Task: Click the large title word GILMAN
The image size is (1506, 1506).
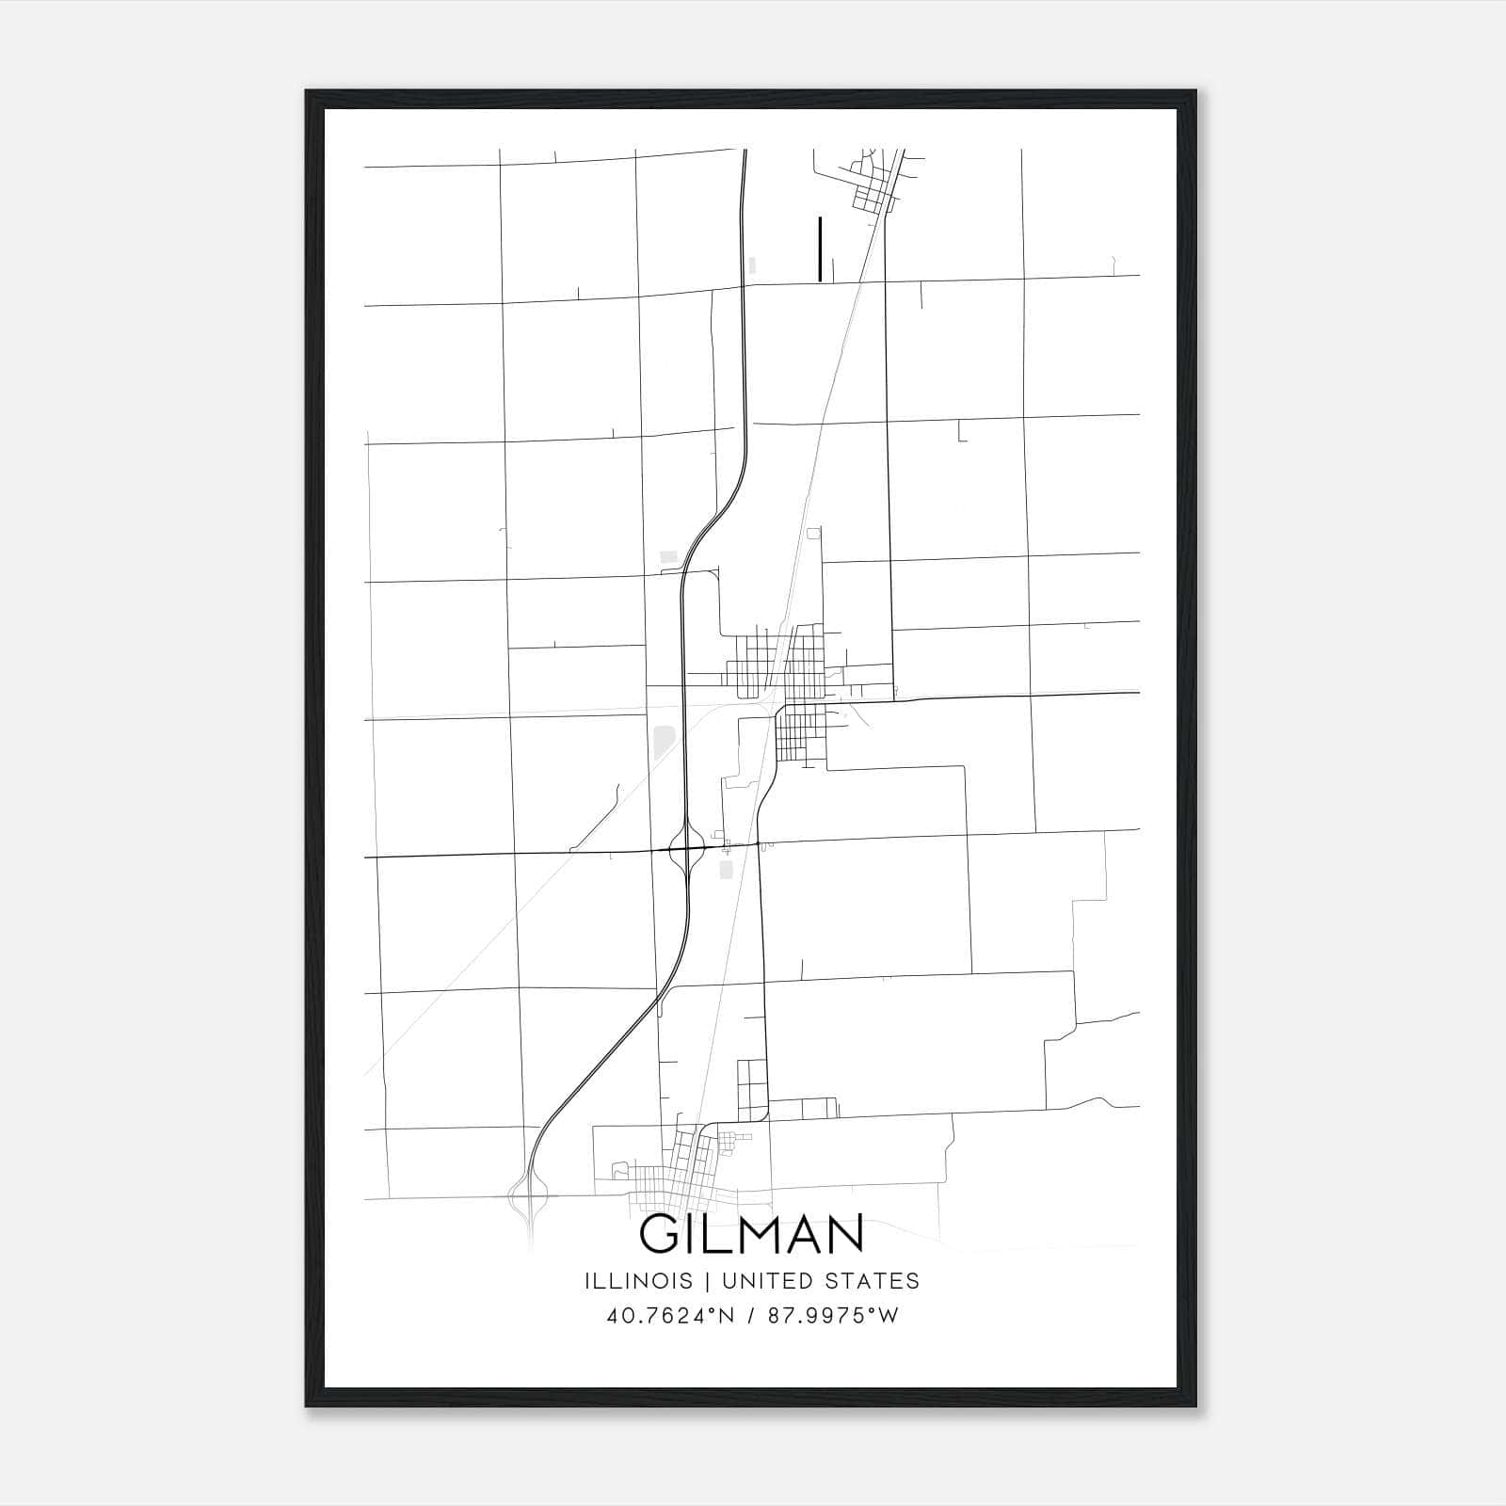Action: point(752,1234)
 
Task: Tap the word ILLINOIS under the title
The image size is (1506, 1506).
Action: point(638,1281)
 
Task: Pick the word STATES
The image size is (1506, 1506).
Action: point(873,1281)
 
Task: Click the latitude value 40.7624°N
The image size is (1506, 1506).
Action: point(667,1316)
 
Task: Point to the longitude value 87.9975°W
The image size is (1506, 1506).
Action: point(832,1316)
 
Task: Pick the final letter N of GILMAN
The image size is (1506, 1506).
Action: point(845,1234)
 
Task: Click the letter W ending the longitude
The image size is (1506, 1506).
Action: point(889,1316)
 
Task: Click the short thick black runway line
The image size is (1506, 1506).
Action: point(821,248)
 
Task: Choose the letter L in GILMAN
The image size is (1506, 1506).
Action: point(716,1234)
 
